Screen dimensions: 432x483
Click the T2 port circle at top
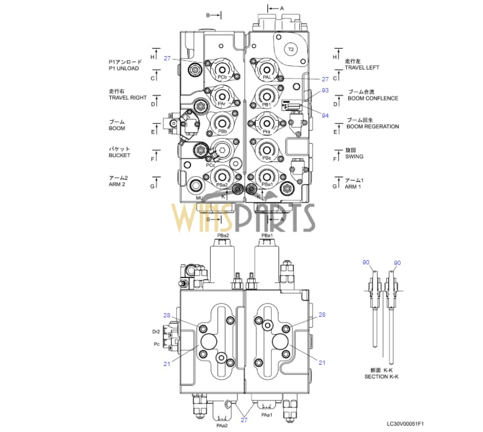click(x=291, y=49)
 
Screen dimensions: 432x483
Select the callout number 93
click(x=325, y=91)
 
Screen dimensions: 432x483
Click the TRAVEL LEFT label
click(x=362, y=68)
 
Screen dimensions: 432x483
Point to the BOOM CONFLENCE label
click(x=373, y=98)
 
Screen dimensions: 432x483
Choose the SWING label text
click(x=354, y=157)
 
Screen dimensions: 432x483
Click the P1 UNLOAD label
click(x=124, y=68)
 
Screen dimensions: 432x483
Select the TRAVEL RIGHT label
click(x=128, y=97)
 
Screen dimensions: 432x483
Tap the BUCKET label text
click(x=120, y=155)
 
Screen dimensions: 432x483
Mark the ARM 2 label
click(x=118, y=184)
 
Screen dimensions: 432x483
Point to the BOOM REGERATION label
click(x=372, y=126)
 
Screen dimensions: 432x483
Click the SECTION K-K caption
click(x=381, y=377)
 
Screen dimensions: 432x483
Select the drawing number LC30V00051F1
click(x=405, y=424)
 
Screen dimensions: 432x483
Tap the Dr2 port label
click(x=156, y=332)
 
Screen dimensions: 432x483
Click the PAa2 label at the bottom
click(x=222, y=425)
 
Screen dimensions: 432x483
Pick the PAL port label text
click(x=267, y=78)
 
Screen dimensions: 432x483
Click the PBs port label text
click(x=266, y=158)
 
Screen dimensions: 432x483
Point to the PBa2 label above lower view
click(x=223, y=236)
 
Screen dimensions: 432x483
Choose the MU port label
click(x=200, y=198)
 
